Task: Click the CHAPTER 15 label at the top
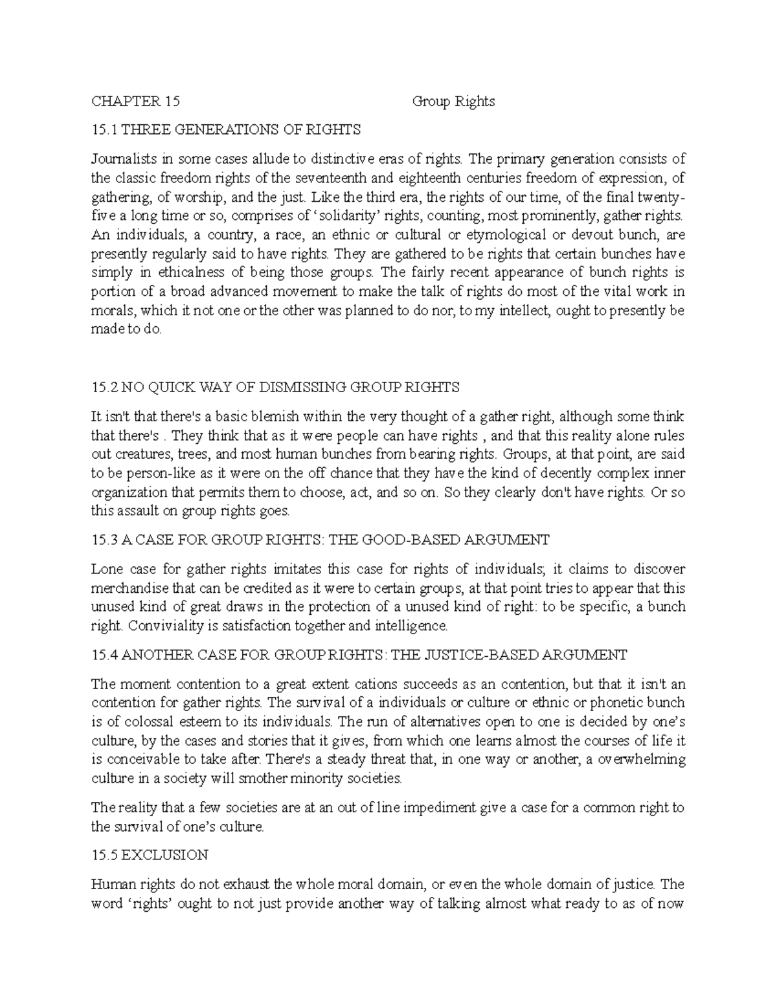[x=135, y=101]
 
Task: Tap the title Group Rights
[x=453, y=101]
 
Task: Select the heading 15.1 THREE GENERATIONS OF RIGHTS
[x=226, y=129]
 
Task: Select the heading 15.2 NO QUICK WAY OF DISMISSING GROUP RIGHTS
[x=276, y=387]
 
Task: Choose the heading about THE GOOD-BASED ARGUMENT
[x=321, y=540]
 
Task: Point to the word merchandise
[x=130, y=588]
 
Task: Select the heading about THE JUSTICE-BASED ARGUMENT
[x=359, y=655]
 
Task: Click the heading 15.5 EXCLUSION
[x=150, y=855]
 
